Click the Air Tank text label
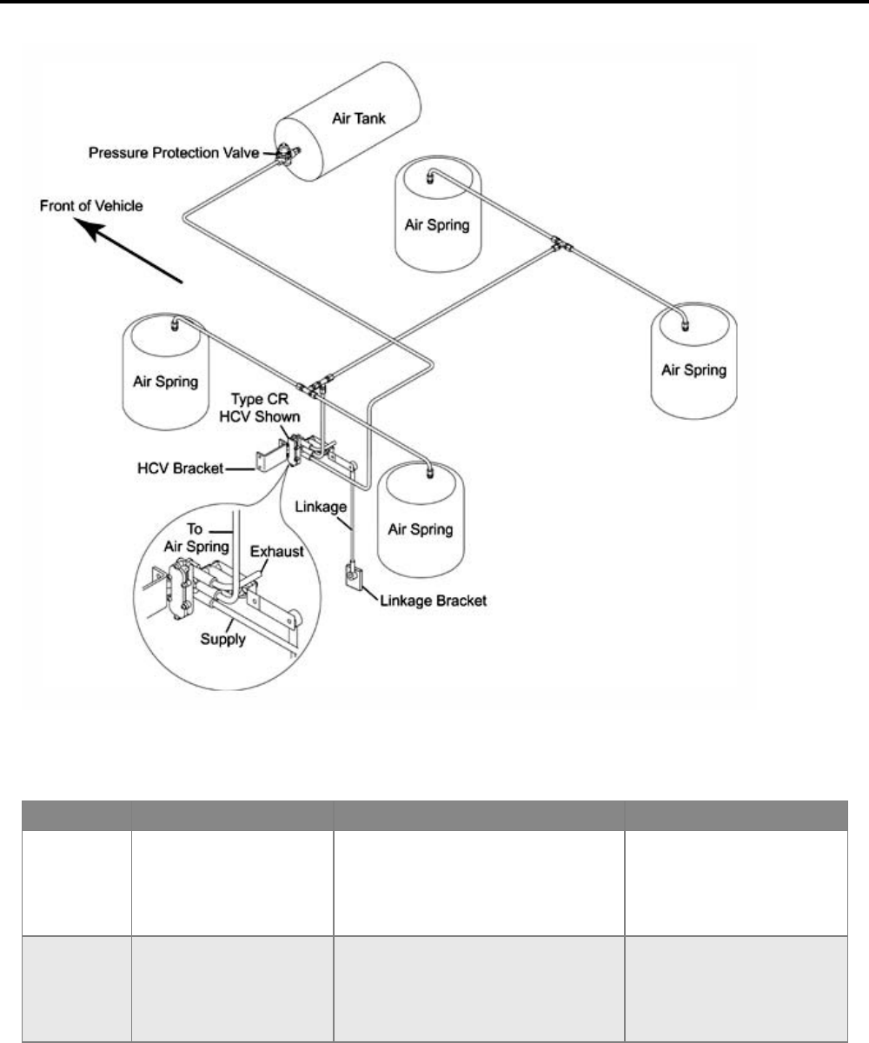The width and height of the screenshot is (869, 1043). click(357, 120)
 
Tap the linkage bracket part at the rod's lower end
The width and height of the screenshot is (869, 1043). click(355, 575)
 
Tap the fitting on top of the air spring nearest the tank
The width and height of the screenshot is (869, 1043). click(431, 180)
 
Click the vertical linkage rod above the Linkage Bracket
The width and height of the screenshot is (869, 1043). click(353, 521)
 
